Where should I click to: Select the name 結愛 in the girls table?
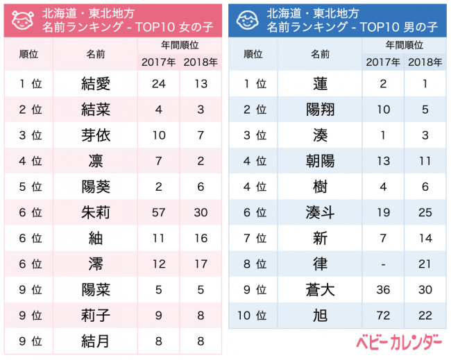click(96, 84)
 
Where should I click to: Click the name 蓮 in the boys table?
click(320, 84)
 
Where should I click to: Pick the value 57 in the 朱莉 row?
click(158, 212)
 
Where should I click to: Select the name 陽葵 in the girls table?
click(96, 187)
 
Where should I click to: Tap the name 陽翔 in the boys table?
click(320, 110)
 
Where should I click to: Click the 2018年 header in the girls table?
click(201, 62)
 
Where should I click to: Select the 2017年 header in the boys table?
click(382, 62)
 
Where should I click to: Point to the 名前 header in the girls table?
click(96, 53)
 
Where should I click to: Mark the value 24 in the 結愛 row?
click(158, 84)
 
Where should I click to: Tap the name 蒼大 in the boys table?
click(320, 290)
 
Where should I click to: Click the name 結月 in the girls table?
click(96, 341)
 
